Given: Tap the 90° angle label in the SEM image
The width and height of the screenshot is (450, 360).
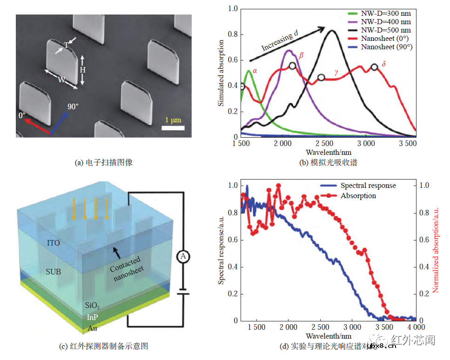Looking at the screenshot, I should point(73,107).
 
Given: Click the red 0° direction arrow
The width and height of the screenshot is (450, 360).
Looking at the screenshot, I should point(37,125).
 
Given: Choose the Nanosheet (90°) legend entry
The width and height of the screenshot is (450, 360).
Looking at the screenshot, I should point(386,47).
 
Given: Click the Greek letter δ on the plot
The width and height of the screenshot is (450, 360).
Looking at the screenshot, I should point(383,63).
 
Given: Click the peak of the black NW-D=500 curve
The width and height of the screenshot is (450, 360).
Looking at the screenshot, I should point(332,31).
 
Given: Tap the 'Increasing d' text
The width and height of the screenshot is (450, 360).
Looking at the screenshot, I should point(278,41).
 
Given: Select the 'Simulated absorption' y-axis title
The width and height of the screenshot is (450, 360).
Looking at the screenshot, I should point(222,73).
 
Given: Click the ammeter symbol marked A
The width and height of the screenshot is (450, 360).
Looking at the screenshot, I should point(183,256).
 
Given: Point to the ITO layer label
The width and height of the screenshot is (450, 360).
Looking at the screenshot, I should point(53,243).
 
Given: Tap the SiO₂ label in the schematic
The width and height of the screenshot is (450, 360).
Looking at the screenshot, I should point(93,306).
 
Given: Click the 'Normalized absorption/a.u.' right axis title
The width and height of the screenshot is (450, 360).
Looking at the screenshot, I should point(436,252).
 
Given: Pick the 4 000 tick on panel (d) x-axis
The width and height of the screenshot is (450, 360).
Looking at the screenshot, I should point(416,327).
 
